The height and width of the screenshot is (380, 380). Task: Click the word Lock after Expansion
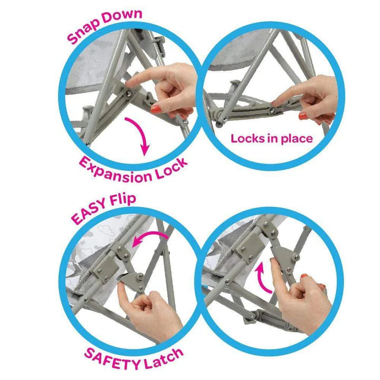(172, 168)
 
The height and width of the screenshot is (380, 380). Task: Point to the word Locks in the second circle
(248, 139)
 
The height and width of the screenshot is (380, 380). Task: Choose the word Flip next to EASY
(123, 199)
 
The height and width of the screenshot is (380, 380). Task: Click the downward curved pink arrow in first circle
(140, 134)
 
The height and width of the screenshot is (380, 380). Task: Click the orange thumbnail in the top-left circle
(156, 109)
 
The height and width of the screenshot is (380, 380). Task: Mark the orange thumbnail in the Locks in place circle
(303, 116)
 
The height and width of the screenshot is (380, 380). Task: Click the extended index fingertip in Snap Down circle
(129, 83)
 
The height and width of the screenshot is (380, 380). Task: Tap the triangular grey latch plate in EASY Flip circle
(132, 281)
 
